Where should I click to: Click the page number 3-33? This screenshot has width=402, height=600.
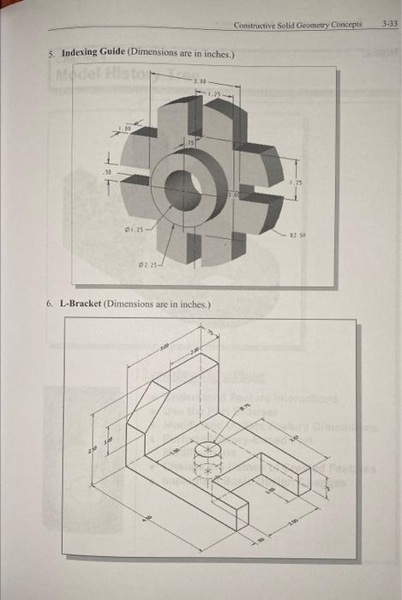pos(387,25)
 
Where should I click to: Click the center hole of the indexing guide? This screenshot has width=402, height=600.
pos(184,187)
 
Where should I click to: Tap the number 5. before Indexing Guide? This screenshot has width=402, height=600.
pos(51,53)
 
